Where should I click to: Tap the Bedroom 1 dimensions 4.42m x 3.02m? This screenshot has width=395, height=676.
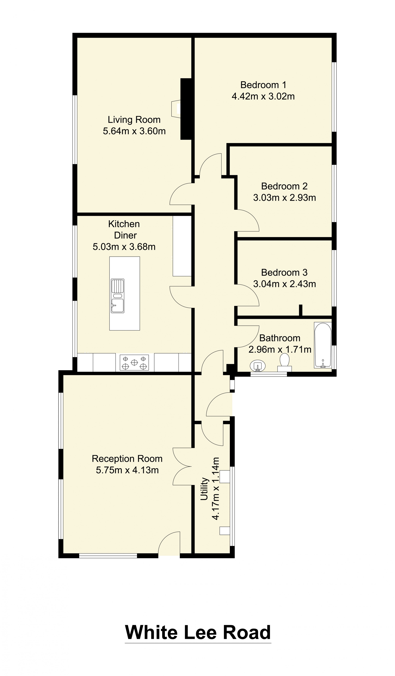[263, 96]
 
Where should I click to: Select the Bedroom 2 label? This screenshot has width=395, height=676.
[284, 186]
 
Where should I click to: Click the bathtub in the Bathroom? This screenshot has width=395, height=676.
[323, 345]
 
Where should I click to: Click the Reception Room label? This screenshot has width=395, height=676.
[127, 459]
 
